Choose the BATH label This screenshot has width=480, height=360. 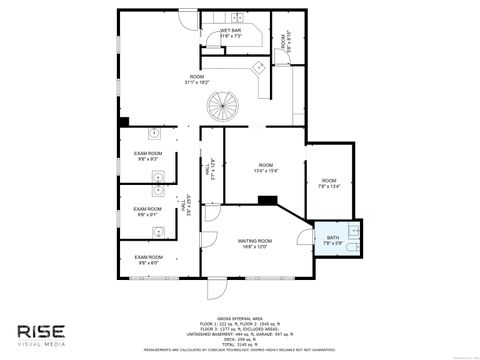pos(332,236)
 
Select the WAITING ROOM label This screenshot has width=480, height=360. pos(255,241)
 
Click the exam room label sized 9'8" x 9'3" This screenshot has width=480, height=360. pos(148,154)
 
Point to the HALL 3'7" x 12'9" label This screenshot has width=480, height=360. pos(210,173)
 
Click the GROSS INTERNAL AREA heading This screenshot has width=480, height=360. pos(239,317)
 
